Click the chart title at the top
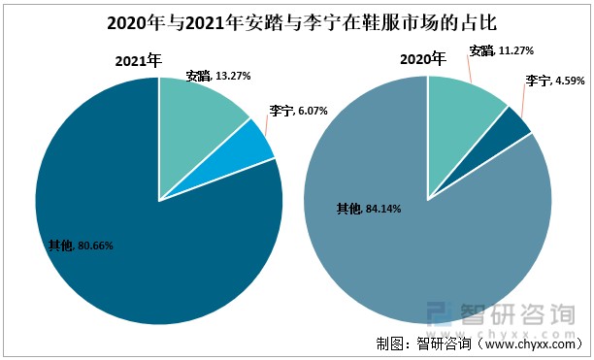[x=297, y=21]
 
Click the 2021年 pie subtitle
[x=137, y=61]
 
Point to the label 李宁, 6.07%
[x=298, y=111]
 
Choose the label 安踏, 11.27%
[x=501, y=50]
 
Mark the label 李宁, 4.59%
[x=555, y=81]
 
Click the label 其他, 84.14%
[x=368, y=208]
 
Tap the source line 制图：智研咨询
[x=476, y=344]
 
